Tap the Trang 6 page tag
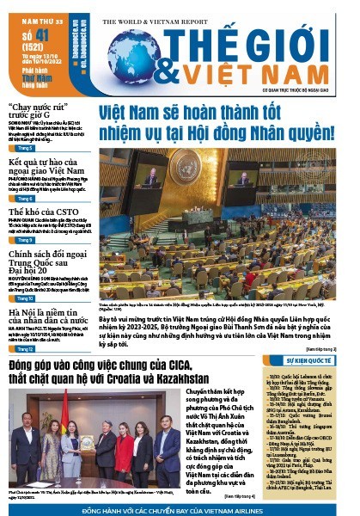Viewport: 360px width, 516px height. click(25, 198)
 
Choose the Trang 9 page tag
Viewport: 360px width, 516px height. click(25, 240)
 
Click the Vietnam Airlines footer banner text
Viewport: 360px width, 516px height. click(180, 509)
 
